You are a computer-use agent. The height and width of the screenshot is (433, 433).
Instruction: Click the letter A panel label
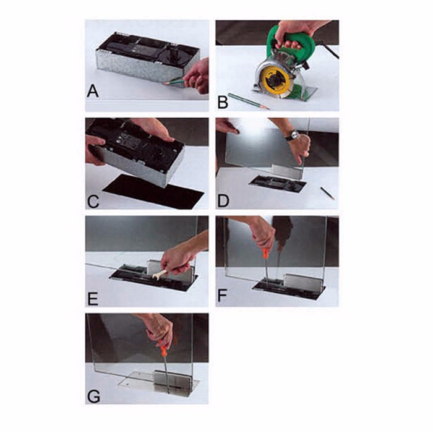(x=93, y=91)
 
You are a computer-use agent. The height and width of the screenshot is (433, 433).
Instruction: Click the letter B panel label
(x=223, y=102)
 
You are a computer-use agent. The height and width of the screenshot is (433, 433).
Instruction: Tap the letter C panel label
(x=93, y=202)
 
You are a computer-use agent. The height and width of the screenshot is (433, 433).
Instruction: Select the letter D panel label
(x=223, y=201)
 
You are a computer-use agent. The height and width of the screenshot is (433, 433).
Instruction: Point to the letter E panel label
(x=93, y=299)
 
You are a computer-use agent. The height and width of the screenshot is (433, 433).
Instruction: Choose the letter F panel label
(x=222, y=295)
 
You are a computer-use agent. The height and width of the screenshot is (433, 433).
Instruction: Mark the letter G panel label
(x=93, y=397)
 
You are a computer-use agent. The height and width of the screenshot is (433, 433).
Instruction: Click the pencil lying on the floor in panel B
(x=249, y=101)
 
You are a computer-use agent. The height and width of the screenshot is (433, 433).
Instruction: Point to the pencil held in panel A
(x=175, y=82)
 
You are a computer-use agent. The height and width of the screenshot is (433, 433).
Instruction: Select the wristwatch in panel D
(x=293, y=135)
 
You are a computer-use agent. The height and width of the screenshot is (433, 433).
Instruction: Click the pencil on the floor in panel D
(x=328, y=193)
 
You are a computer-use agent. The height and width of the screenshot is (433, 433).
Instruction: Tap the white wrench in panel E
(x=160, y=275)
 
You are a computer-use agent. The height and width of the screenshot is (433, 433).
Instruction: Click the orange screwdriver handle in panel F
(x=265, y=252)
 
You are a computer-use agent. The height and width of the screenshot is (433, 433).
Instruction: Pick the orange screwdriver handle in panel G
(x=163, y=349)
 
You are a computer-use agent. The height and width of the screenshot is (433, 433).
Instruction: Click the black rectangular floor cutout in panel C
(x=153, y=191)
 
